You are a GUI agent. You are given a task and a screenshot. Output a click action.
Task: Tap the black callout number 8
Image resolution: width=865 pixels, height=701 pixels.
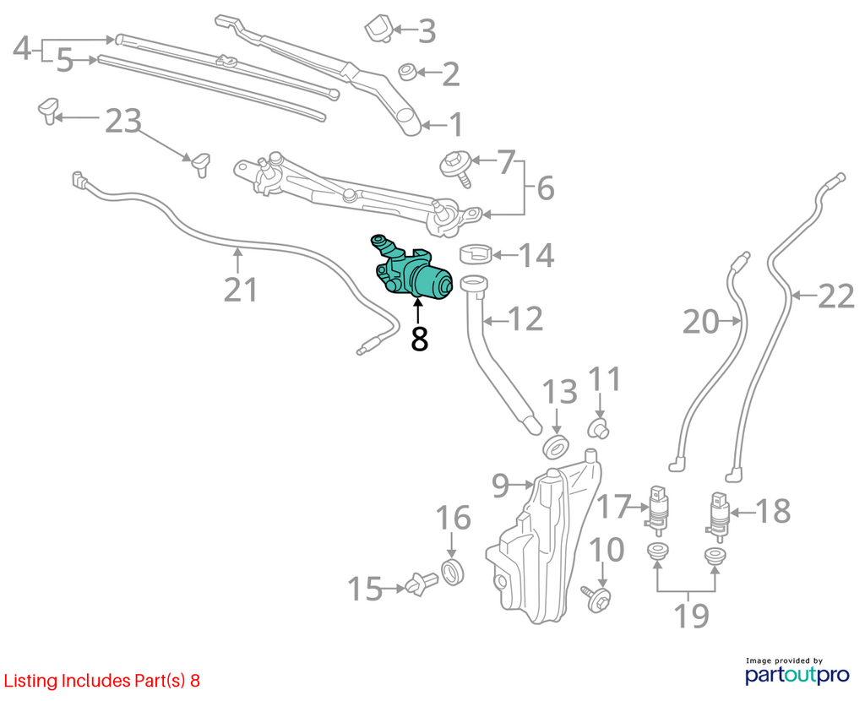(x=419, y=339)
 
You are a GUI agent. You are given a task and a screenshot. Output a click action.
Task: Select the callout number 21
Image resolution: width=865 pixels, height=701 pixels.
(x=241, y=290)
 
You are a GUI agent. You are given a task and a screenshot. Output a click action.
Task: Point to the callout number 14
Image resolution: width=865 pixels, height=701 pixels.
(x=536, y=255)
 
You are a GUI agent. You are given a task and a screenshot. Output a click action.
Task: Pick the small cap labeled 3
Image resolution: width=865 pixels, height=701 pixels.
(x=378, y=28)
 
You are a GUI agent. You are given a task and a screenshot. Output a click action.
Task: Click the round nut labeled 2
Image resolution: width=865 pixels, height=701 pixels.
(x=408, y=72)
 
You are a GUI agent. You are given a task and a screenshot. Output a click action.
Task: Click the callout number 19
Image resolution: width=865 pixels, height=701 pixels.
(x=692, y=616)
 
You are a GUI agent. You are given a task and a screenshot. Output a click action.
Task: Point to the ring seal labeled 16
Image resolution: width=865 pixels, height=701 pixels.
(x=453, y=572)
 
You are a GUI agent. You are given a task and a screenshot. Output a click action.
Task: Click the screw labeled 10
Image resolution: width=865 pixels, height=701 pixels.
(x=597, y=599)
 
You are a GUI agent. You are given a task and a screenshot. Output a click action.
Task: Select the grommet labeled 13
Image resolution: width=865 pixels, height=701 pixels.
(x=556, y=446)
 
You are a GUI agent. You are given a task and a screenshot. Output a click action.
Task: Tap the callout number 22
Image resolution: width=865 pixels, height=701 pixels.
(x=835, y=298)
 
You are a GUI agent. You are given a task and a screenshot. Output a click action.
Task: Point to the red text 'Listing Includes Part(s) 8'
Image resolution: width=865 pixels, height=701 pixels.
(x=102, y=681)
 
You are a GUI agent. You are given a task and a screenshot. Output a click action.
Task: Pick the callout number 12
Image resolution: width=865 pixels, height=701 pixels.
(x=525, y=319)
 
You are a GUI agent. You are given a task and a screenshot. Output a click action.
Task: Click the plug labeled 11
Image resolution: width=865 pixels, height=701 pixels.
(x=597, y=428)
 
